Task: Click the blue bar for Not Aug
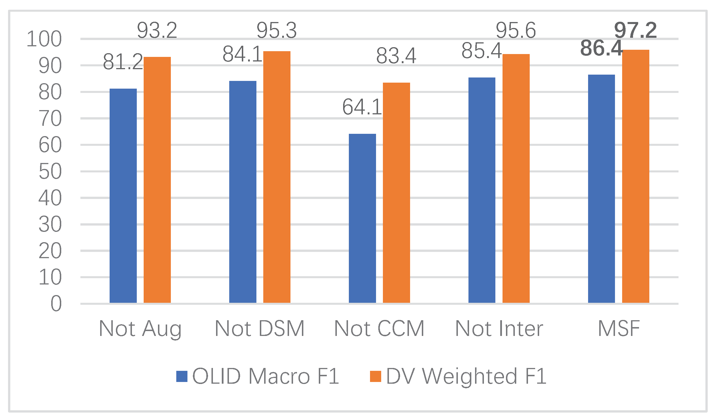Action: pyautogui.click(x=123, y=196)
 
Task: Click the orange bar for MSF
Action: pyautogui.click(x=636, y=176)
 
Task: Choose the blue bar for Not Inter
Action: pyautogui.click(x=482, y=190)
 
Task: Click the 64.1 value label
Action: pyautogui.click(x=362, y=107)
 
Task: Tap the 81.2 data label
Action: pyautogui.click(x=123, y=62)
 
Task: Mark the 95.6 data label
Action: pyautogui.click(x=516, y=30)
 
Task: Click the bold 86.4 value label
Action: pyautogui.click(x=601, y=48)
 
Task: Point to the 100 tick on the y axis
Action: pyautogui.click(x=44, y=39)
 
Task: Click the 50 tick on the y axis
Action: pyautogui.click(x=50, y=172)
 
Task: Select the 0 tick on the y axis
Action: pyautogui.click(x=56, y=304)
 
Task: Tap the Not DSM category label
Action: pyautogui.click(x=260, y=329)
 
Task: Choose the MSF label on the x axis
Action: pyautogui.click(x=619, y=329)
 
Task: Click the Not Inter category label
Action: pyautogui.click(x=499, y=329)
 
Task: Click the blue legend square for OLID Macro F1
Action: pyautogui.click(x=182, y=376)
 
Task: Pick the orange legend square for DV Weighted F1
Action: pyautogui.click(x=375, y=376)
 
